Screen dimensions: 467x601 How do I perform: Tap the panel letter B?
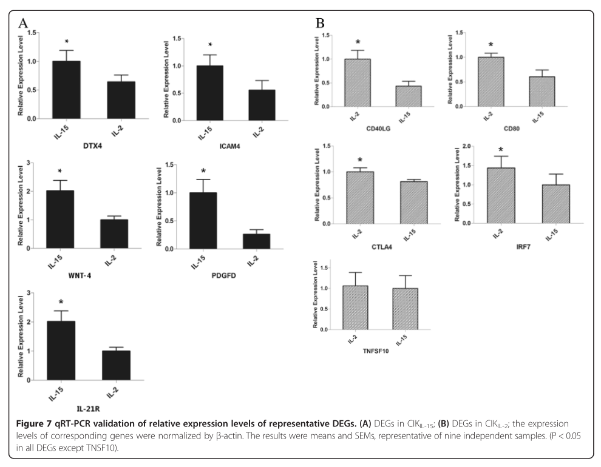pos(321,24)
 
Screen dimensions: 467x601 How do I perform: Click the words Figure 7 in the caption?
pos(35,423)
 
